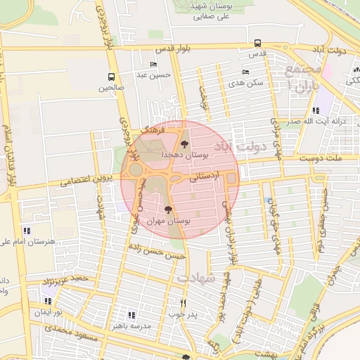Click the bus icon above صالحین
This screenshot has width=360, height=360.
[x=111, y=77]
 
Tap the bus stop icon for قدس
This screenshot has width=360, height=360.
[x=258, y=43]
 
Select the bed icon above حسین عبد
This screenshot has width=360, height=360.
[x=153, y=65]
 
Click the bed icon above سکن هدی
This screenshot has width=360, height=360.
[x=245, y=72]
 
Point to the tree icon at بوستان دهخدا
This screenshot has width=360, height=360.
[x=184, y=143]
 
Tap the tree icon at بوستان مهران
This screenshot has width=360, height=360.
[x=167, y=210]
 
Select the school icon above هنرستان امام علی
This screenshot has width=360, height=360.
[x=27, y=230]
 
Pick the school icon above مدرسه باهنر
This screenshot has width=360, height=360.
[x=131, y=315]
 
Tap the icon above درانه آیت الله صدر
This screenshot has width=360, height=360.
[x=316, y=110]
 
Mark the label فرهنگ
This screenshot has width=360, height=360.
[x=153, y=131]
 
